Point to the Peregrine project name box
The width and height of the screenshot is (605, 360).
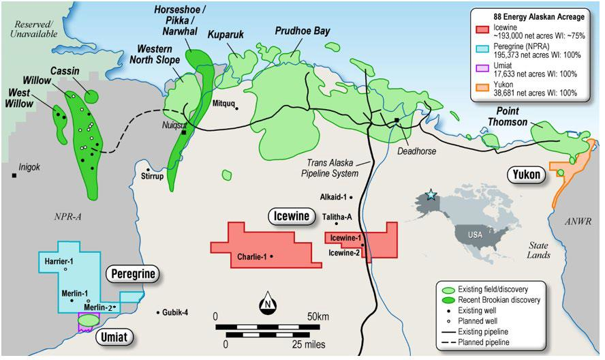(x=131, y=274)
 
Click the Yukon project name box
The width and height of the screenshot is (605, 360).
(x=527, y=175)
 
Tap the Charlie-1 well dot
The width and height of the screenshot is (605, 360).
(x=272, y=257)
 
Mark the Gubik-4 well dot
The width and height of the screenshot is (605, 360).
(x=158, y=312)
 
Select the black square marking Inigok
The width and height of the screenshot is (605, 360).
(x=14, y=176)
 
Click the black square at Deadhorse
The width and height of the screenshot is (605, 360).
(x=396, y=121)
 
